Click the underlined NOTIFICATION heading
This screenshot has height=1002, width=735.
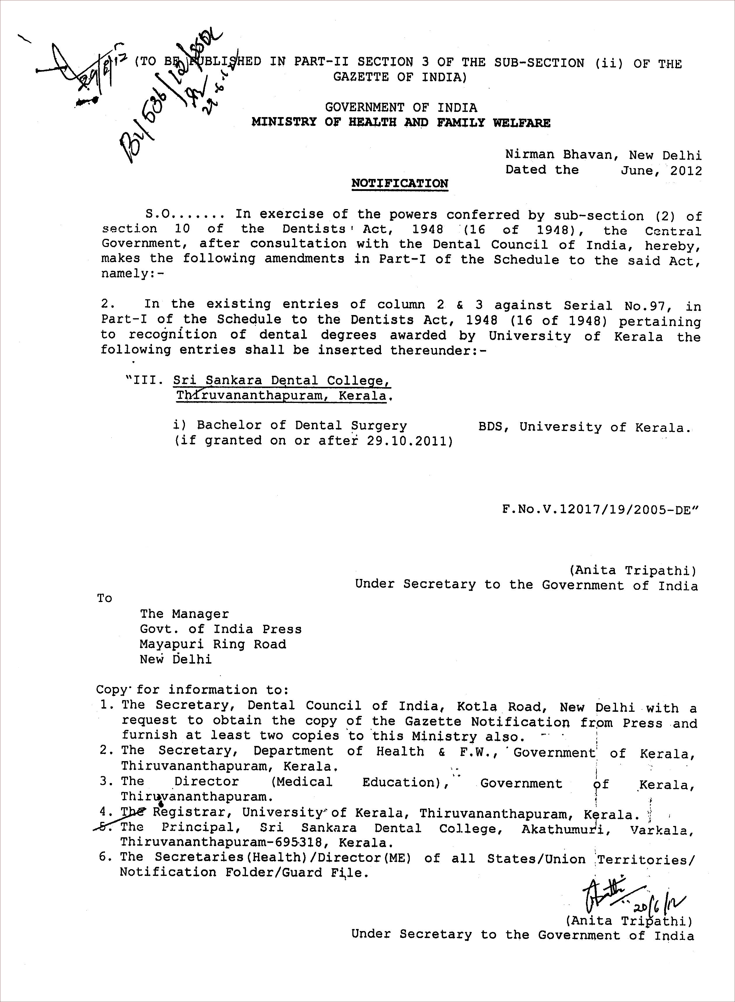click(x=400, y=183)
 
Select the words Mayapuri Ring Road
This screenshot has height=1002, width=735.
click(x=213, y=644)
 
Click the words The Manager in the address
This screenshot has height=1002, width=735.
click(x=184, y=614)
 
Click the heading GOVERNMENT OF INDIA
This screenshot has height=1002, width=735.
click(x=400, y=107)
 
